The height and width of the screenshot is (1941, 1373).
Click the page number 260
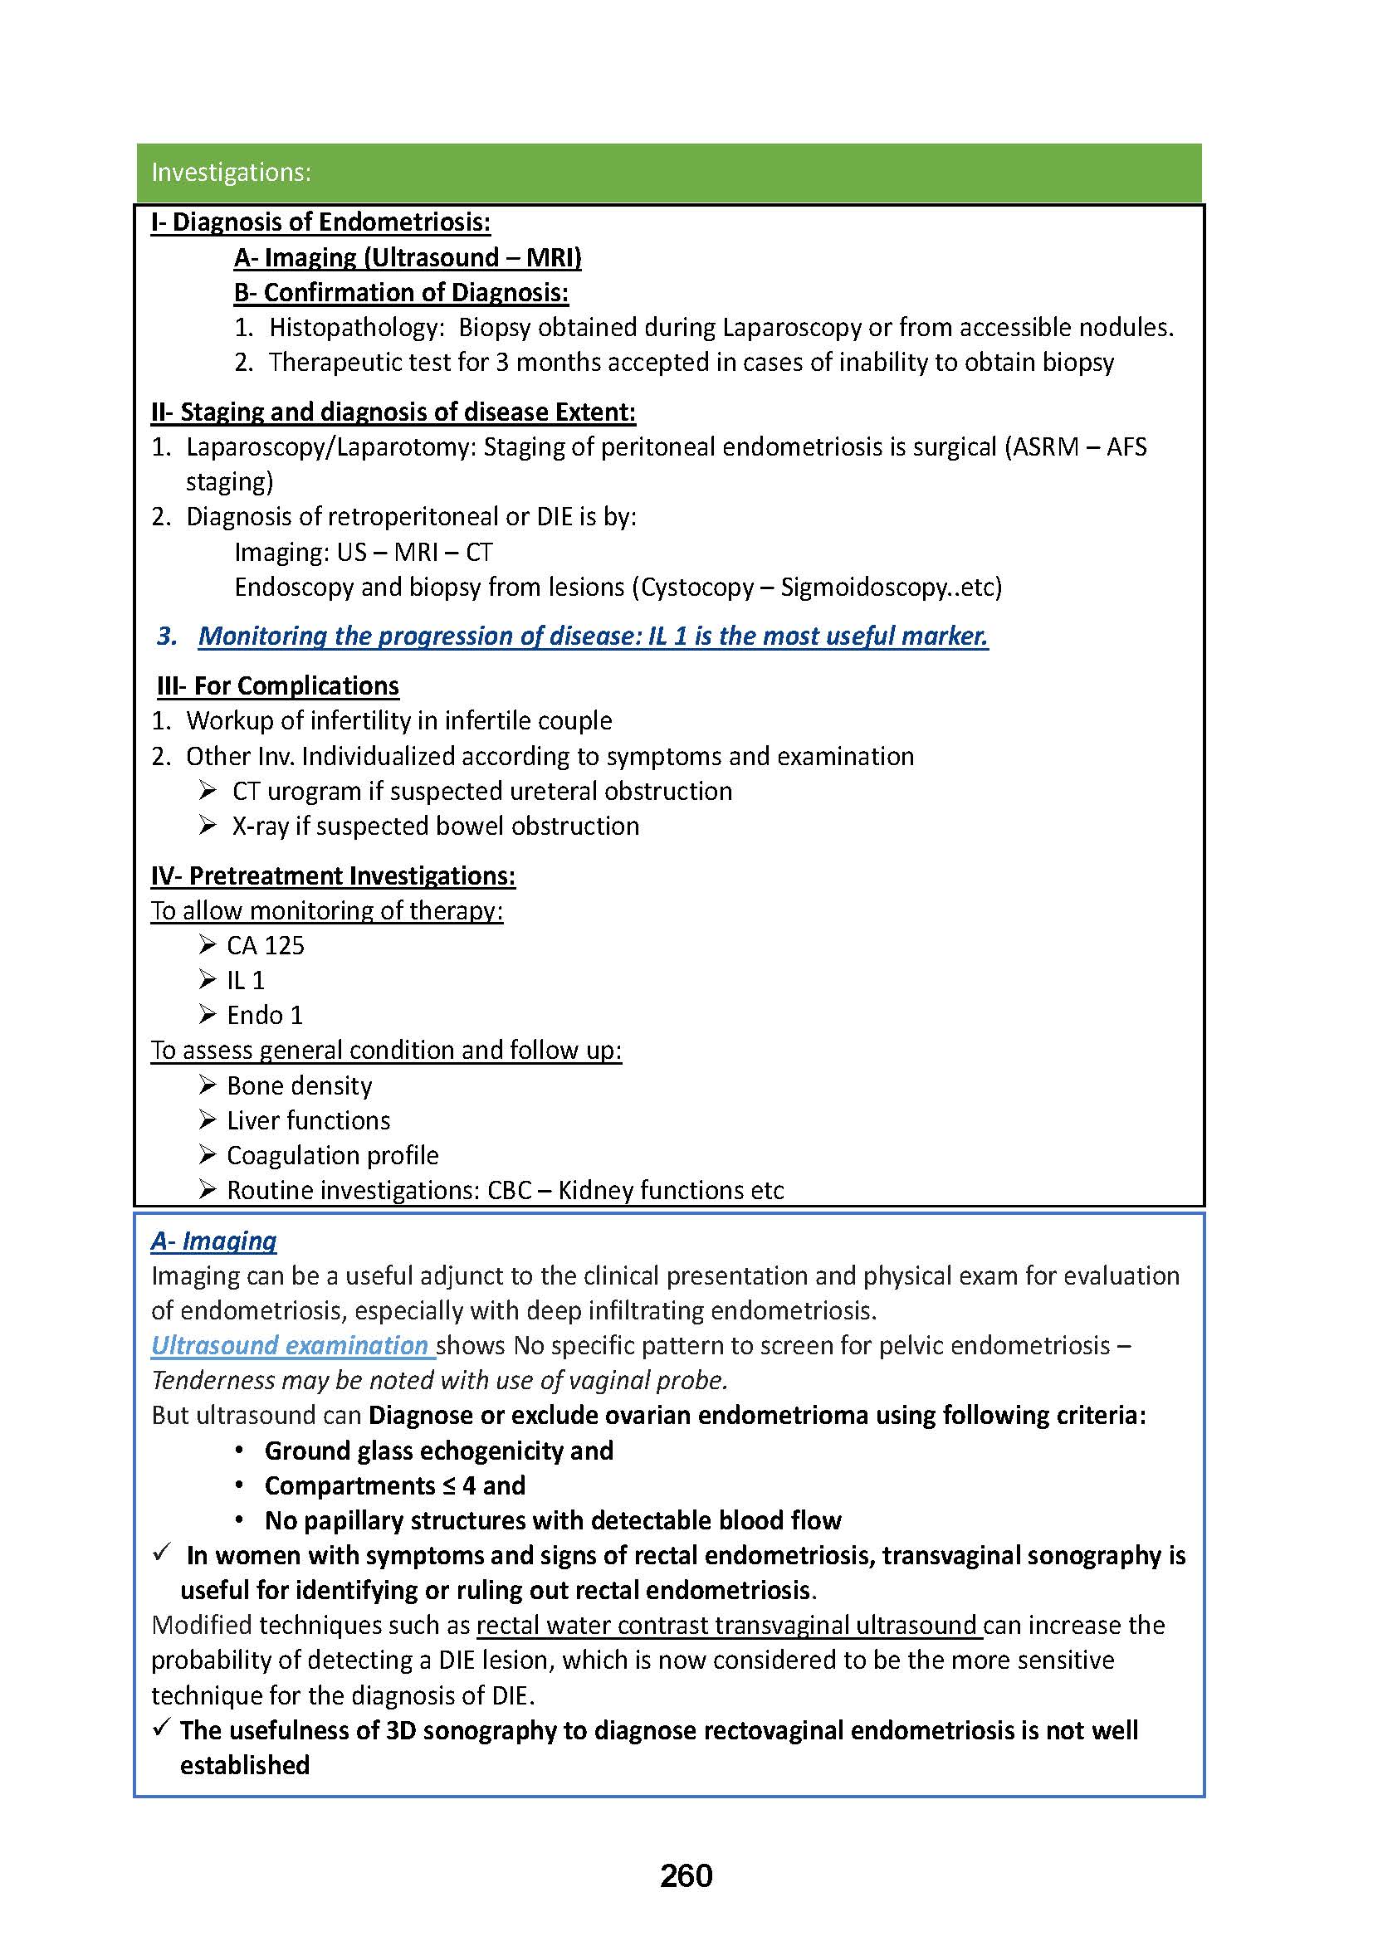[686, 1875]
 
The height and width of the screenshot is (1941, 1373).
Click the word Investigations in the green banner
[231, 173]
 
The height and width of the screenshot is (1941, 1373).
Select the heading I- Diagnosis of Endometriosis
[320, 222]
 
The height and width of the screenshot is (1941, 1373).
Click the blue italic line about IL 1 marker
[593, 636]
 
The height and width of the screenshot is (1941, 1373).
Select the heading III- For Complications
[278, 685]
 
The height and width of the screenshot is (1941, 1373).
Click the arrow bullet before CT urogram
[208, 791]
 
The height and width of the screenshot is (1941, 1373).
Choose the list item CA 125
[265, 945]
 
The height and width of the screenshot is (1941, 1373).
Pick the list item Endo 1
[265, 1015]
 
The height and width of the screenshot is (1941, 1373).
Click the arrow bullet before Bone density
[208, 1085]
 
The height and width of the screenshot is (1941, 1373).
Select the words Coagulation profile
[332, 1155]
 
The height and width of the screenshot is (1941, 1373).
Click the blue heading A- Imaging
[214, 1241]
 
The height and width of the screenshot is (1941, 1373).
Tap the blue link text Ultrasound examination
[290, 1346]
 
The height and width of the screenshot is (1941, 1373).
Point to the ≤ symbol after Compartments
[449, 1485]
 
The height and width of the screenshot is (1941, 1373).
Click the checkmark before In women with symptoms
[163, 1553]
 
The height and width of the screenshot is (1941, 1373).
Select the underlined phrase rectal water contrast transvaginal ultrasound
[728, 1625]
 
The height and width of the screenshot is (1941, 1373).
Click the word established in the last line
[244, 1765]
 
